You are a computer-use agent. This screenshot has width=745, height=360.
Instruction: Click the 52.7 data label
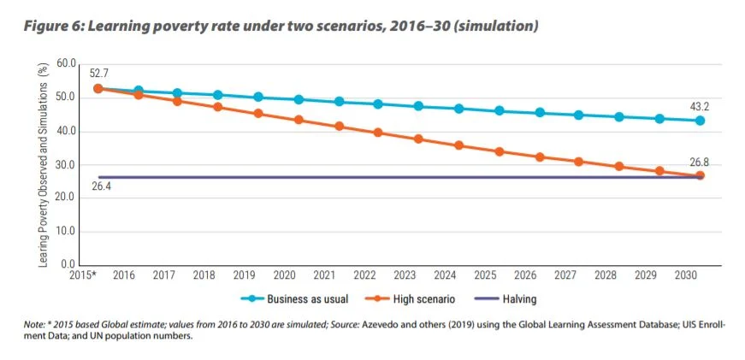[99, 74]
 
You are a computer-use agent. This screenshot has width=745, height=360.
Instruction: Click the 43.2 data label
[700, 106]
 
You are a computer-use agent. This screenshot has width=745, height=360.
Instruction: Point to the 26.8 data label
[700, 161]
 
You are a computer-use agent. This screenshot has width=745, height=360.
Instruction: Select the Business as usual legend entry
[287, 299]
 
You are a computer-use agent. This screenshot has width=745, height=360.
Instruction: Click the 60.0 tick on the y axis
[67, 65]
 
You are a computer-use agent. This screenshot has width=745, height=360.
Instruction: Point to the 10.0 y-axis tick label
[67, 232]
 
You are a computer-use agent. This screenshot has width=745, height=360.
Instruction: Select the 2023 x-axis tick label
[405, 276]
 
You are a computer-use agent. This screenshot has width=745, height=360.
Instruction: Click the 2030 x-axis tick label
[685, 276]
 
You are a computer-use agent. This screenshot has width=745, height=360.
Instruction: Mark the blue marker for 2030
[700, 121]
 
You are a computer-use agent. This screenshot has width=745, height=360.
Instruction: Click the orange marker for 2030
[700, 175]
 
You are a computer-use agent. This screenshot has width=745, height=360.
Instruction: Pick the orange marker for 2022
[378, 133]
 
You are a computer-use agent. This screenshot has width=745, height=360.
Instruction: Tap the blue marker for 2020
[299, 99]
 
